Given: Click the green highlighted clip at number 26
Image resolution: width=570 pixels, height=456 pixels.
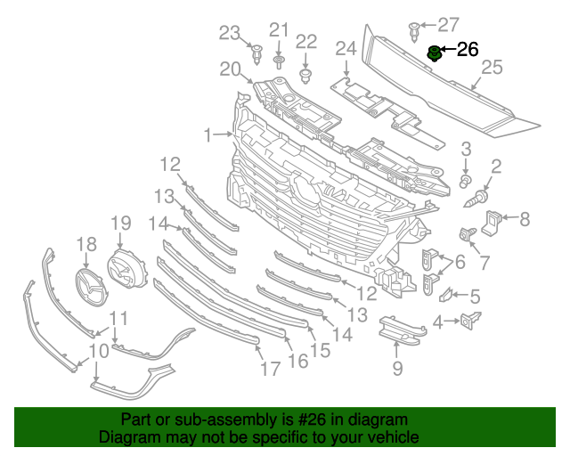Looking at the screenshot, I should (x=435, y=53).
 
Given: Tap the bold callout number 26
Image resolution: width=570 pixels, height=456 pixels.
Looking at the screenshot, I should (x=468, y=50).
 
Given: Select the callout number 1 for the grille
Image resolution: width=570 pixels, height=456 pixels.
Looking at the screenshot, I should (x=207, y=135).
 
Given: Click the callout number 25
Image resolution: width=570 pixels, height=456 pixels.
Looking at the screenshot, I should (x=492, y=67).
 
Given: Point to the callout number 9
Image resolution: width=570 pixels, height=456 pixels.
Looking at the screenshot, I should (x=397, y=368).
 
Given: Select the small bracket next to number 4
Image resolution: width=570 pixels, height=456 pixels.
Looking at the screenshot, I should (x=468, y=320).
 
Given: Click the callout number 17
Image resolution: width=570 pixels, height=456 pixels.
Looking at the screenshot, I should (x=263, y=367).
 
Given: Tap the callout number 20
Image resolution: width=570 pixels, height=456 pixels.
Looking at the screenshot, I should (x=230, y=69).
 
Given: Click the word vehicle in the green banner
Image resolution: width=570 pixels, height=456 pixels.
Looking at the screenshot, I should (x=392, y=437).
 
